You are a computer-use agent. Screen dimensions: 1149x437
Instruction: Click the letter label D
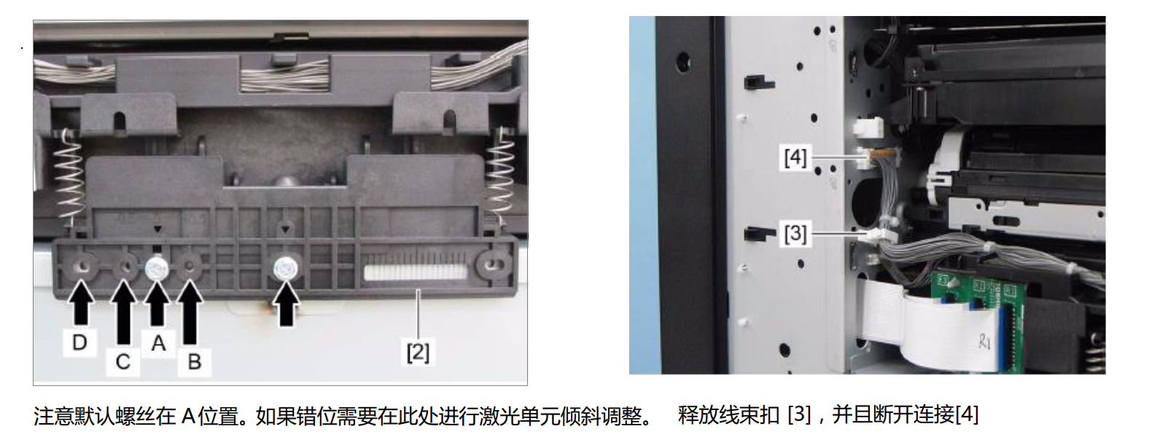click(79, 342)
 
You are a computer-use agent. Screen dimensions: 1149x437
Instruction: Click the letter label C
click(122, 362)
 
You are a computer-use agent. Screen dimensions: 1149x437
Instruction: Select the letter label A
click(158, 343)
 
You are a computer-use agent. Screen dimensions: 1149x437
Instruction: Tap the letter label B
click(195, 362)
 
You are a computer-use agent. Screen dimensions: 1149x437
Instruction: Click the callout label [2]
click(418, 353)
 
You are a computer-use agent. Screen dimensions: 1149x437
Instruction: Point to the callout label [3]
click(795, 233)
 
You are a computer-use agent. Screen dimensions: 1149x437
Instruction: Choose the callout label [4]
click(795, 157)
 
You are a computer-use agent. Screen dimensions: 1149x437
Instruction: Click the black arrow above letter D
click(80, 303)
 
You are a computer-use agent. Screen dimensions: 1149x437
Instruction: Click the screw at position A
click(157, 267)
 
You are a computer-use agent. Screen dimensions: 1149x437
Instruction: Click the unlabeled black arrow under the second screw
click(286, 305)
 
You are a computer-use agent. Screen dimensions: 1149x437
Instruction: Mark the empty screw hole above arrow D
click(83, 267)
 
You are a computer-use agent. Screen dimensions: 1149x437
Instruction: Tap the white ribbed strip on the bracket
click(416, 272)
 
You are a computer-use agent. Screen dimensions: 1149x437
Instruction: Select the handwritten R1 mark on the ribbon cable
click(984, 341)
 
